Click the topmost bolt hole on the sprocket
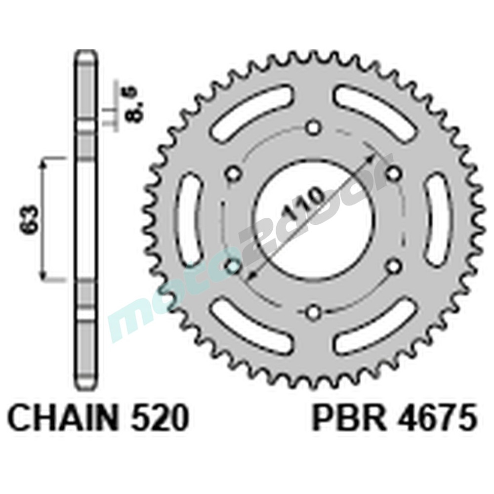[312, 128]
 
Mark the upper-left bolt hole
[233, 173]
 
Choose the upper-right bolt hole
[393, 173]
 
